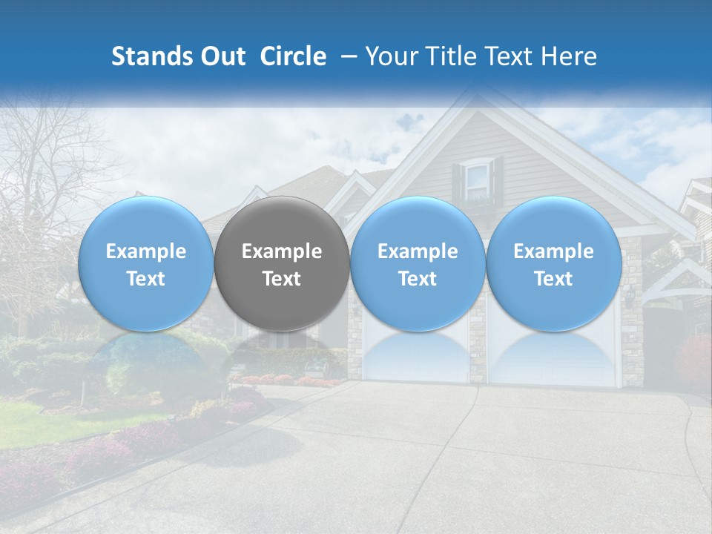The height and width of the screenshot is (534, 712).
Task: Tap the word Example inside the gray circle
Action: tap(282, 251)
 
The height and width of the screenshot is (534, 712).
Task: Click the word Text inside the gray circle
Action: tap(282, 279)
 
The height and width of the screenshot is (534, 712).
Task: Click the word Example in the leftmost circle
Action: tap(146, 251)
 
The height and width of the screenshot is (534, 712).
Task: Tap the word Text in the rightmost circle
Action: tap(554, 279)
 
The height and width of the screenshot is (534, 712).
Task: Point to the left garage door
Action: tap(415, 356)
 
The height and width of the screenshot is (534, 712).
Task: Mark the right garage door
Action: tap(553, 356)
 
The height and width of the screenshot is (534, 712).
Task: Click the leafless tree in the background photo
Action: tap(44, 171)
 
